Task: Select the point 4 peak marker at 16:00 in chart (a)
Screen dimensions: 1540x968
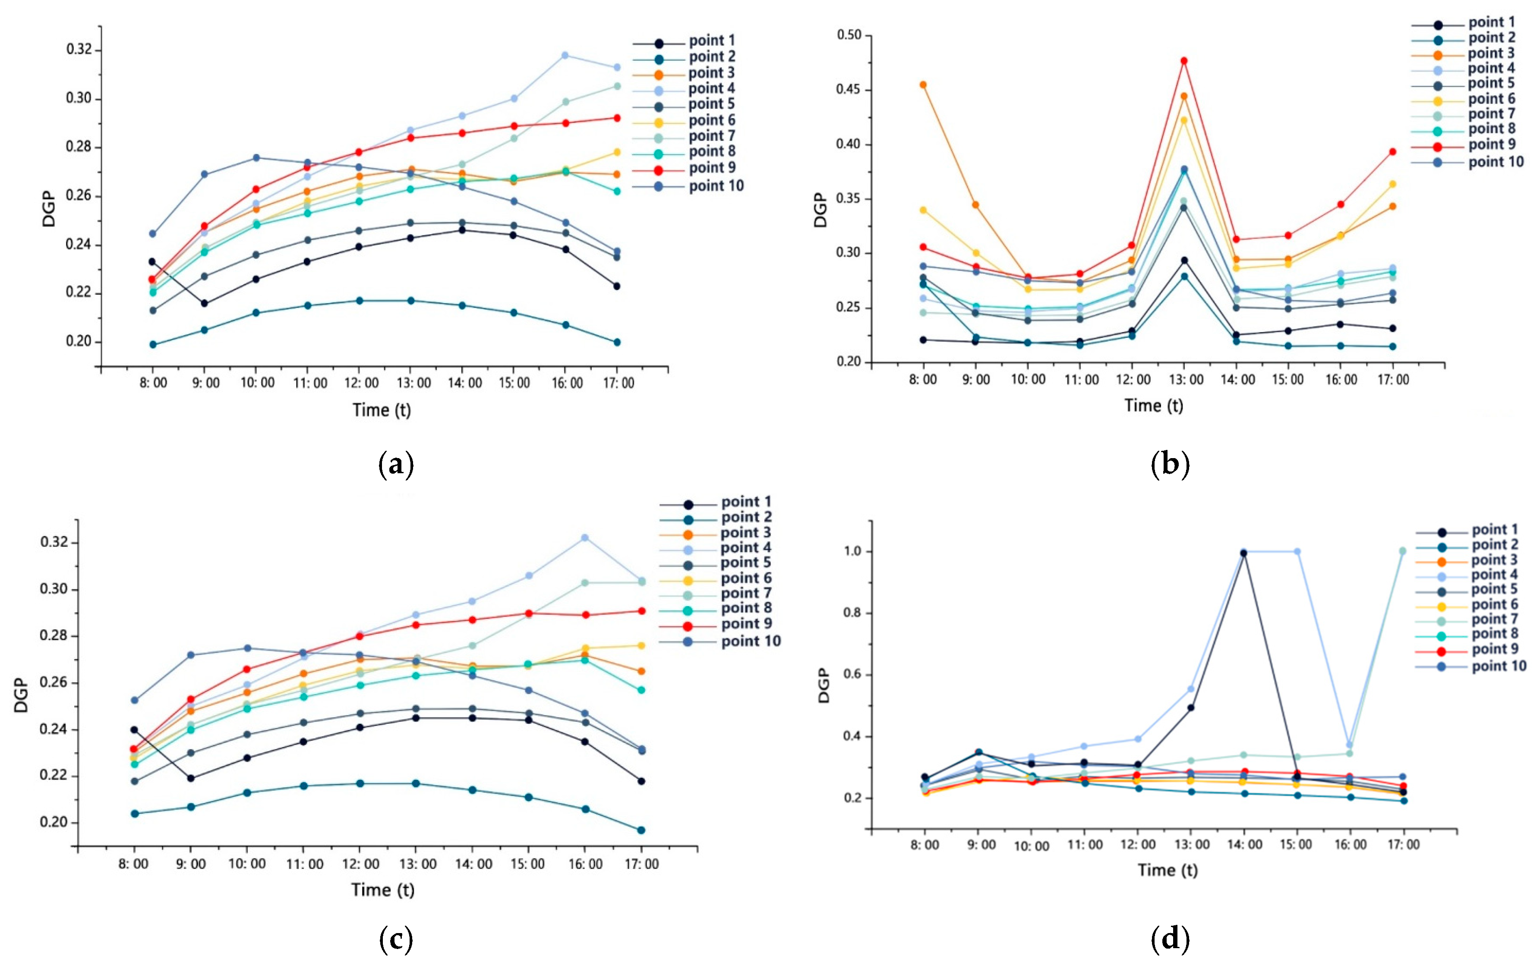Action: (x=565, y=55)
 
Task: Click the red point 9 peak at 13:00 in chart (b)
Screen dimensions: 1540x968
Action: (x=1184, y=61)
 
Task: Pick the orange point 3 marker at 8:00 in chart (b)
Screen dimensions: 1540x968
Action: (x=923, y=85)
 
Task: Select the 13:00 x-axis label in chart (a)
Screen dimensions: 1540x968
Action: (x=414, y=383)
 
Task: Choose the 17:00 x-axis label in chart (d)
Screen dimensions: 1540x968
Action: (x=1403, y=845)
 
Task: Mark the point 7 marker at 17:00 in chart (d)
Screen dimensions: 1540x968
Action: (x=1402, y=551)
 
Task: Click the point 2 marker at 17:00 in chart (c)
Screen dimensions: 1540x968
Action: (x=641, y=830)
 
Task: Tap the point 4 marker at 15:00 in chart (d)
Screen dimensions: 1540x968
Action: (x=1297, y=551)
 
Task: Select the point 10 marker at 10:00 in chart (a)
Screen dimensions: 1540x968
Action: (x=256, y=158)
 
